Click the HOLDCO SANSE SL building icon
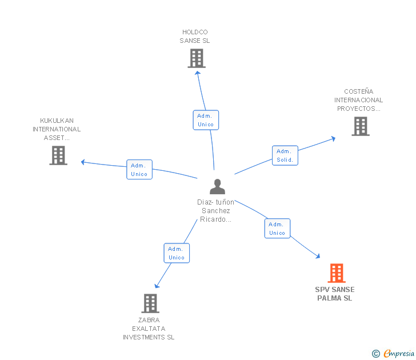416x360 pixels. tap(196, 58)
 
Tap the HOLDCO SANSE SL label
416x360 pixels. tap(195, 37)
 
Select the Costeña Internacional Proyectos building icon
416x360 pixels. tap(360, 126)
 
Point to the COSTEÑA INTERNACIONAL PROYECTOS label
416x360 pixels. tap(358, 100)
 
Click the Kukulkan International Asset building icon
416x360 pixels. tap(58, 155)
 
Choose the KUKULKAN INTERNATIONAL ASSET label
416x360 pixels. tap(57, 129)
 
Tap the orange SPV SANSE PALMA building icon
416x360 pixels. tap(336, 273)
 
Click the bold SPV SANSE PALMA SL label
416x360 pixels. tap(335, 294)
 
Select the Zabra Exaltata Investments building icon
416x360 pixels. tap(150, 303)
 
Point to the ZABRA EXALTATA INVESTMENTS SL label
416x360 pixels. tap(149, 329)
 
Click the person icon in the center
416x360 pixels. tap(217, 187)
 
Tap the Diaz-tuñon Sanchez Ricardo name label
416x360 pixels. tap(216, 210)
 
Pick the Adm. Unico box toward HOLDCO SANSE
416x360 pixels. tap(205, 120)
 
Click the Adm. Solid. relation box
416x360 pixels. tap(285, 155)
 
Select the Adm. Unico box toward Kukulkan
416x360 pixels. tap(139, 170)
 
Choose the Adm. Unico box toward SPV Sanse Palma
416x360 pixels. tap(277, 229)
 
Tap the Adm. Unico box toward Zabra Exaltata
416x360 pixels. tap(177, 253)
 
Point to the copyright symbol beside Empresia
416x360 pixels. tap(376, 354)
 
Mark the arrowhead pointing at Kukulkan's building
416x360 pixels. tap(83, 162)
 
